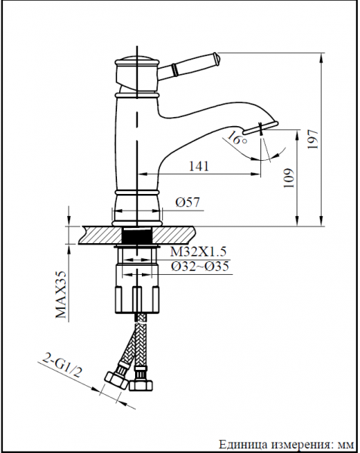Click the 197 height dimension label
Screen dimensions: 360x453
tap(313, 139)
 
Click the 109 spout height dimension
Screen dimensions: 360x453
tap(289, 177)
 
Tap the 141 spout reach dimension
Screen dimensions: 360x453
tap(198, 166)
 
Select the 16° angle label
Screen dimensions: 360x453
tap(237, 138)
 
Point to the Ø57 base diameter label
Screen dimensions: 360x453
tap(187, 202)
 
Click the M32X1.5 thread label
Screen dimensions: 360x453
tap(198, 251)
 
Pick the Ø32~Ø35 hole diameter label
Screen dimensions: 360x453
tap(200, 266)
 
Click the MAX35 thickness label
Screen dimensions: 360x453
tap(61, 294)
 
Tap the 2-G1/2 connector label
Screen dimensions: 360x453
tap(61, 365)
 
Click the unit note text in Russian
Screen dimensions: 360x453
tap(286, 445)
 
